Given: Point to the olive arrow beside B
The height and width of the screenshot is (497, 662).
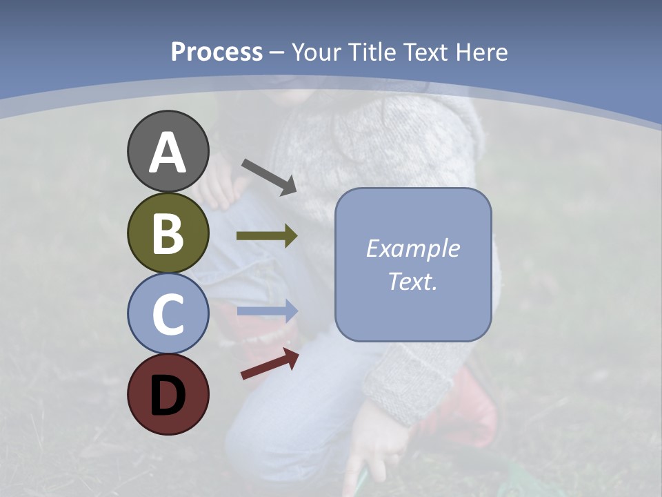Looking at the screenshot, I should pos(267,236).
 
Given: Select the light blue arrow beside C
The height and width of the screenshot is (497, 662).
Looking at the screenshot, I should pos(267,311).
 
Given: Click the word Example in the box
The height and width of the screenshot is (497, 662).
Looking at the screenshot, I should pos(412,248).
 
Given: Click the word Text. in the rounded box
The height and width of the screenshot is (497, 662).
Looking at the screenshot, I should pos(412,282).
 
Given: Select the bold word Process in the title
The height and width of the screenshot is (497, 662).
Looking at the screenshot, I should pos(217,52).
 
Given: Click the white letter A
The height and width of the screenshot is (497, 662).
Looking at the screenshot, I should pos(168,153).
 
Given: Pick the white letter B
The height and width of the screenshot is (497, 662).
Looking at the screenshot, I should pos(168,233).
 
